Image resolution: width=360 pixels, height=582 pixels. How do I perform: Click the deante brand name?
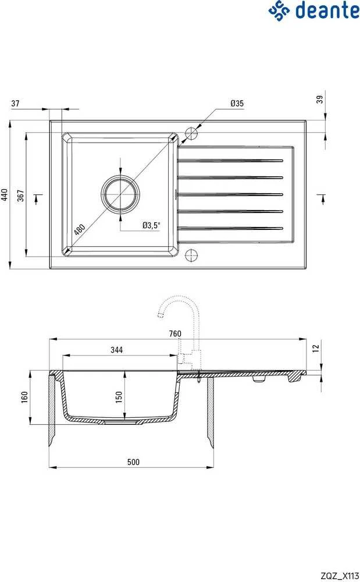pos(327,10)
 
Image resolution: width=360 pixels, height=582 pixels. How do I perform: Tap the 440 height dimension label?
pos(5,194)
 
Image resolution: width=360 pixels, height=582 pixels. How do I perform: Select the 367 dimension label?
pos(21,196)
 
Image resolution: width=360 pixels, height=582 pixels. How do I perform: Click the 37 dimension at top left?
pos(15,104)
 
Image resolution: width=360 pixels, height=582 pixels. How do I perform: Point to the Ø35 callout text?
pos(237,103)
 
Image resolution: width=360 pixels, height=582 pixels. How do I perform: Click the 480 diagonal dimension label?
pos(79,229)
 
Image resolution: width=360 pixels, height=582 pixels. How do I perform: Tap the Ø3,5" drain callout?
pos(151,225)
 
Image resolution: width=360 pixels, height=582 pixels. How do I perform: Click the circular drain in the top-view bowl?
pos(121,193)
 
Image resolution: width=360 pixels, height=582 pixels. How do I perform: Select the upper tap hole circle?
pos(192,133)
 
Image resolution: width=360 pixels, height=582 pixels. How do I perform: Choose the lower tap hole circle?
pos(192,255)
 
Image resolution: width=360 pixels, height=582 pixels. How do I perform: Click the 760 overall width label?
pos(175,333)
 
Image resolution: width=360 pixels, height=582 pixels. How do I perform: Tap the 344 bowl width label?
pos(116,350)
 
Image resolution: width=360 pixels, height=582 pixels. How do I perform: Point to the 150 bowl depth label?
pos(119,398)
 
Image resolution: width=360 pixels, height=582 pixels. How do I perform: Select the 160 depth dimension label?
pos(24,398)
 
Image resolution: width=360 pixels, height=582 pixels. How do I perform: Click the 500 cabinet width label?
pos(133,462)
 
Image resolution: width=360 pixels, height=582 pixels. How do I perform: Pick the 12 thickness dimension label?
pos(316,348)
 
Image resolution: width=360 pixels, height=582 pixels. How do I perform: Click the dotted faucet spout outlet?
pos(161,316)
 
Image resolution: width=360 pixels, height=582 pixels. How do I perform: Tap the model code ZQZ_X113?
pos(340,576)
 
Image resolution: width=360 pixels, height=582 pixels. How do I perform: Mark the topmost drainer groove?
pos(230,161)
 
